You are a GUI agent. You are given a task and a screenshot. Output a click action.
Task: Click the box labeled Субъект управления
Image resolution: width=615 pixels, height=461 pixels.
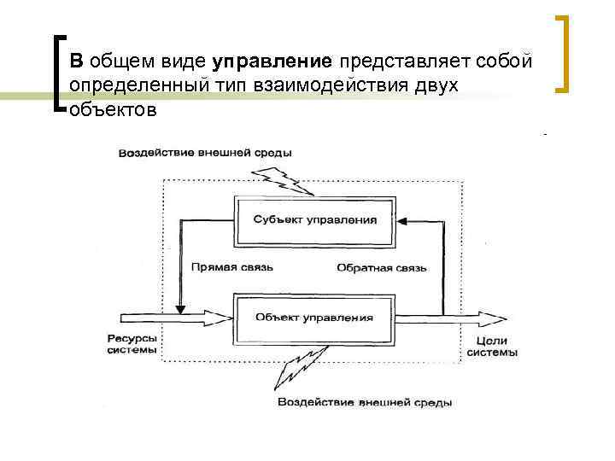coord(314,219)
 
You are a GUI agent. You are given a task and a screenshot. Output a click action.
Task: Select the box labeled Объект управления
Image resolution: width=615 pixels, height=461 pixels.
coord(314,318)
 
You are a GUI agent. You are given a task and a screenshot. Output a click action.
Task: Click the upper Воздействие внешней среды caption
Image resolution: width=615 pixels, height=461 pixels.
coord(205,153)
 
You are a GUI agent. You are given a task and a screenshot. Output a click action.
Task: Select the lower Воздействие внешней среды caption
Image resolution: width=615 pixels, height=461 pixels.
coord(365,401)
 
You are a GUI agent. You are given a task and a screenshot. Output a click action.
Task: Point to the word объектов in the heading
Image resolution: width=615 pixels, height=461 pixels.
coord(114,110)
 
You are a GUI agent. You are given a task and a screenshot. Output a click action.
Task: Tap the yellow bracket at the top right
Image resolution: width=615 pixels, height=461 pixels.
coord(564,53)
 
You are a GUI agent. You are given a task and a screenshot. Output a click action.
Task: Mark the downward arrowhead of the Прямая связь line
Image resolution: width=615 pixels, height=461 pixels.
coord(179,308)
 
